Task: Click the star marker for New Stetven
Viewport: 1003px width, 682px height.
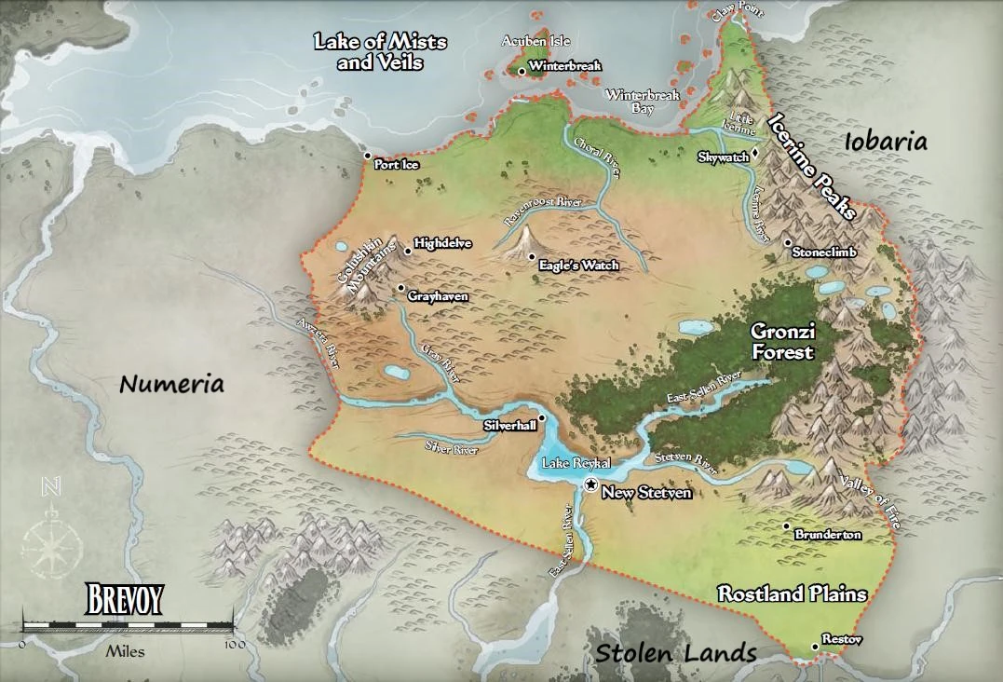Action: pyautogui.click(x=590, y=484)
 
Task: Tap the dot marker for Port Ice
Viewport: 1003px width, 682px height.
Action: pyautogui.click(x=368, y=157)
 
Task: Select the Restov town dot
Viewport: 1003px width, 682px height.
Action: pyautogui.click(x=815, y=647)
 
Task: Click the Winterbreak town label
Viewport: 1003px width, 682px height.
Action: pyautogui.click(x=564, y=66)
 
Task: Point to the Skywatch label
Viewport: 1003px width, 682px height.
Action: pyautogui.click(x=723, y=157)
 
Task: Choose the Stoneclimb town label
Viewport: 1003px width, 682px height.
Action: pyautogui.click(x=823, y=252)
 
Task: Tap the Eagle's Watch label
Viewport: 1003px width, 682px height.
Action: pyautogui.click(x=578, y=266)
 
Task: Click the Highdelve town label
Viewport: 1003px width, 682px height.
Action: pyautogui.click(x=442, y=243)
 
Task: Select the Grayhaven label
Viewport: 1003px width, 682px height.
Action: pyautogui.click(x=437, y=296)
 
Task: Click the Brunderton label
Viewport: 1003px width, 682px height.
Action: pyautogui.click(x=827, y=536)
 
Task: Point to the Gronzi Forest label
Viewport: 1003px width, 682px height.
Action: pyautogui.click(x=782, y=342)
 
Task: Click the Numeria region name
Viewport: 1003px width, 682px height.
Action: pyautogui.click(x=171, y=383)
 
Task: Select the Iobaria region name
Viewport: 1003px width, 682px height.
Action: pyautogui.click(x=885, y=142)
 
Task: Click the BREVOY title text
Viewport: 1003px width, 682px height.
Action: pyautogui.click(x=125, y=599)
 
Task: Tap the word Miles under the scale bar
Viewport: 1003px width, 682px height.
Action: pyautogui.click(x=125, y=651)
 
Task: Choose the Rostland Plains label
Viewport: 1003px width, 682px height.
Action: pyautogui.click(x=792, y=593)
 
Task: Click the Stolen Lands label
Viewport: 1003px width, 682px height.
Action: pyautogui.click(x=675, y=653)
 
